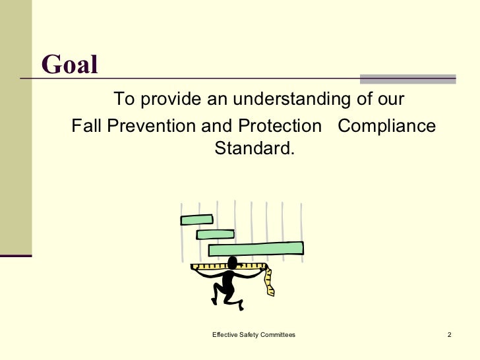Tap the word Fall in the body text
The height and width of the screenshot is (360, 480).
(x=84, y=125)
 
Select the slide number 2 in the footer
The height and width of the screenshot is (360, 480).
(x=448, y=336)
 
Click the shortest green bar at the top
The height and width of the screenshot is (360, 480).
(x=196, y=220)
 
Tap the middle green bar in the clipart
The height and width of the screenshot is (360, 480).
(x=215, y=234)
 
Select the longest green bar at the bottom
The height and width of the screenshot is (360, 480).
(x=256, y=249)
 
